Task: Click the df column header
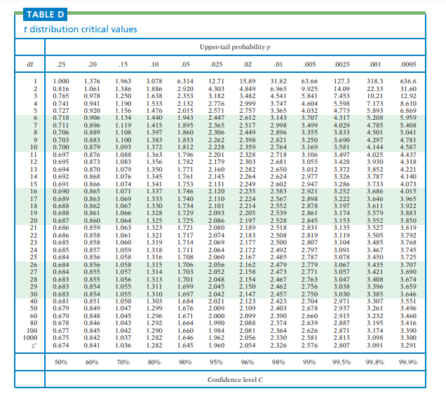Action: click(30, 64)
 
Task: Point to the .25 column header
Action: click(61, 64)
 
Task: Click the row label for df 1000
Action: click(31, 337)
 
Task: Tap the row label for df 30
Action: click(33, 295)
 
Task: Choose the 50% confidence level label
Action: click(61, 362)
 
